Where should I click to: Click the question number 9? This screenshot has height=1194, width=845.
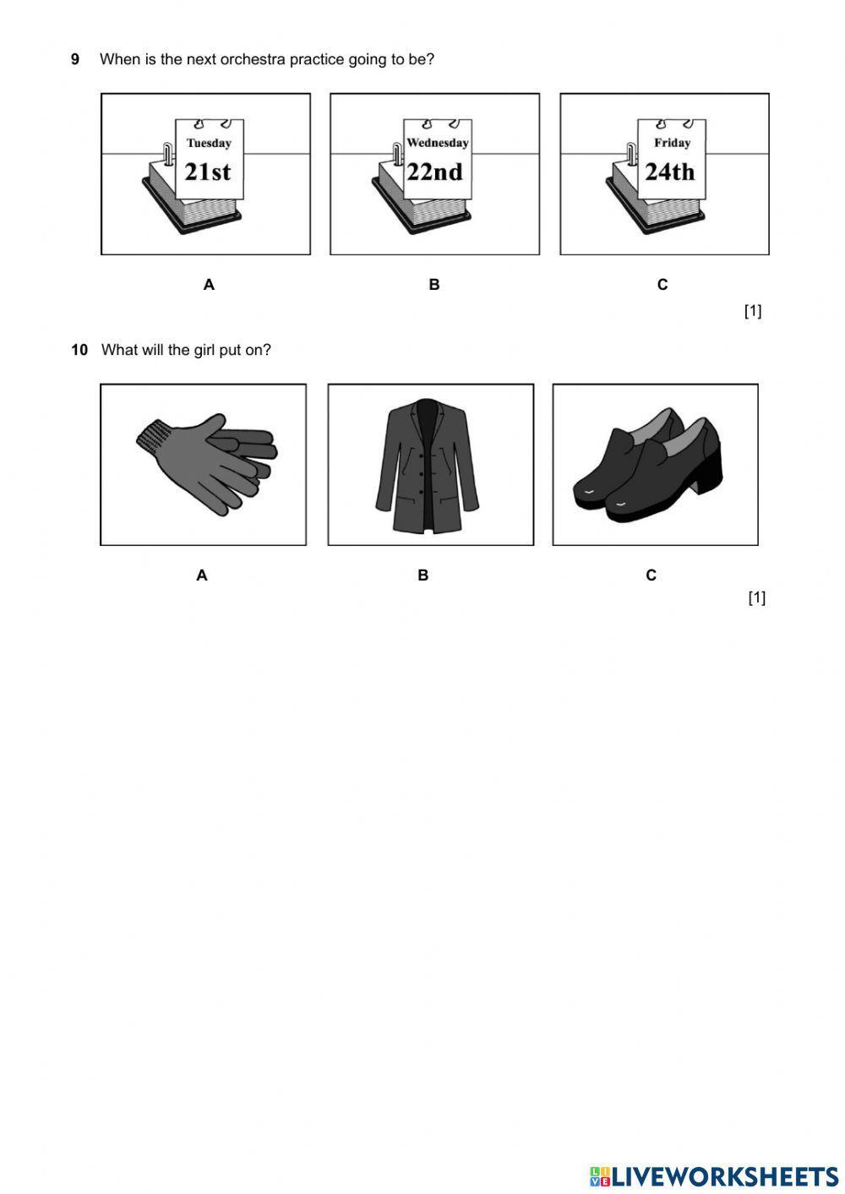[x=75, y=59]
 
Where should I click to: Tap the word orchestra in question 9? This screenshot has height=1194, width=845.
[x=253, y=59]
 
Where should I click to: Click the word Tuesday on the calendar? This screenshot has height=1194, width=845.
[x=209, y=143]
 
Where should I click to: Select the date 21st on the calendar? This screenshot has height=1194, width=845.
[x=207, y=172]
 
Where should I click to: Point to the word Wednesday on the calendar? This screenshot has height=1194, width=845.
[x=438, y=143]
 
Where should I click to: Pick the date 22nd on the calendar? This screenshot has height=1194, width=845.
[x=435, y=172]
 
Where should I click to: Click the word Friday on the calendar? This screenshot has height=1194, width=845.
[x=673, y=143]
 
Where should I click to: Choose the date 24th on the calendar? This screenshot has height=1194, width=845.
[x=670, y=172]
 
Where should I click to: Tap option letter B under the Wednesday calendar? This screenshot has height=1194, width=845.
[x=434, y=285]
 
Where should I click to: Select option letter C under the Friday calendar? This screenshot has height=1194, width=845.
[x=662, y=285]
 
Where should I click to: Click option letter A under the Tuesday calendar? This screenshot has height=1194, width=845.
[x=209, y=285]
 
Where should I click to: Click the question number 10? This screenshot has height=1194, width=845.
[x=79, y=350]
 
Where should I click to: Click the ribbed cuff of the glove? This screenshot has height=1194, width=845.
[x=152, y=435]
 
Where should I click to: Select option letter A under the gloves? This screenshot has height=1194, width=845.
[x=201, y=575]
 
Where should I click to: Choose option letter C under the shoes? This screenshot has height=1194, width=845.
[x=651, y=575]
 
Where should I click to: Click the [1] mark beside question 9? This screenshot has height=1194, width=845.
[x=753, y=311]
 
